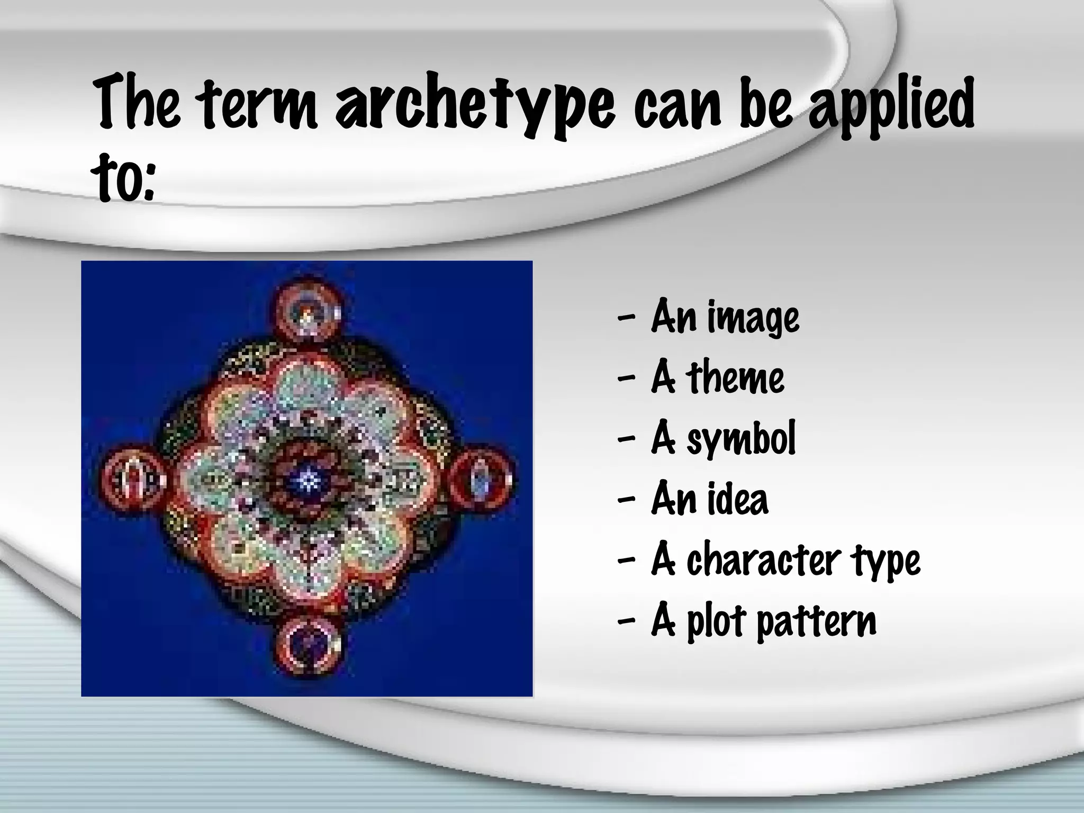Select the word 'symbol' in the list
click(741, 439)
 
